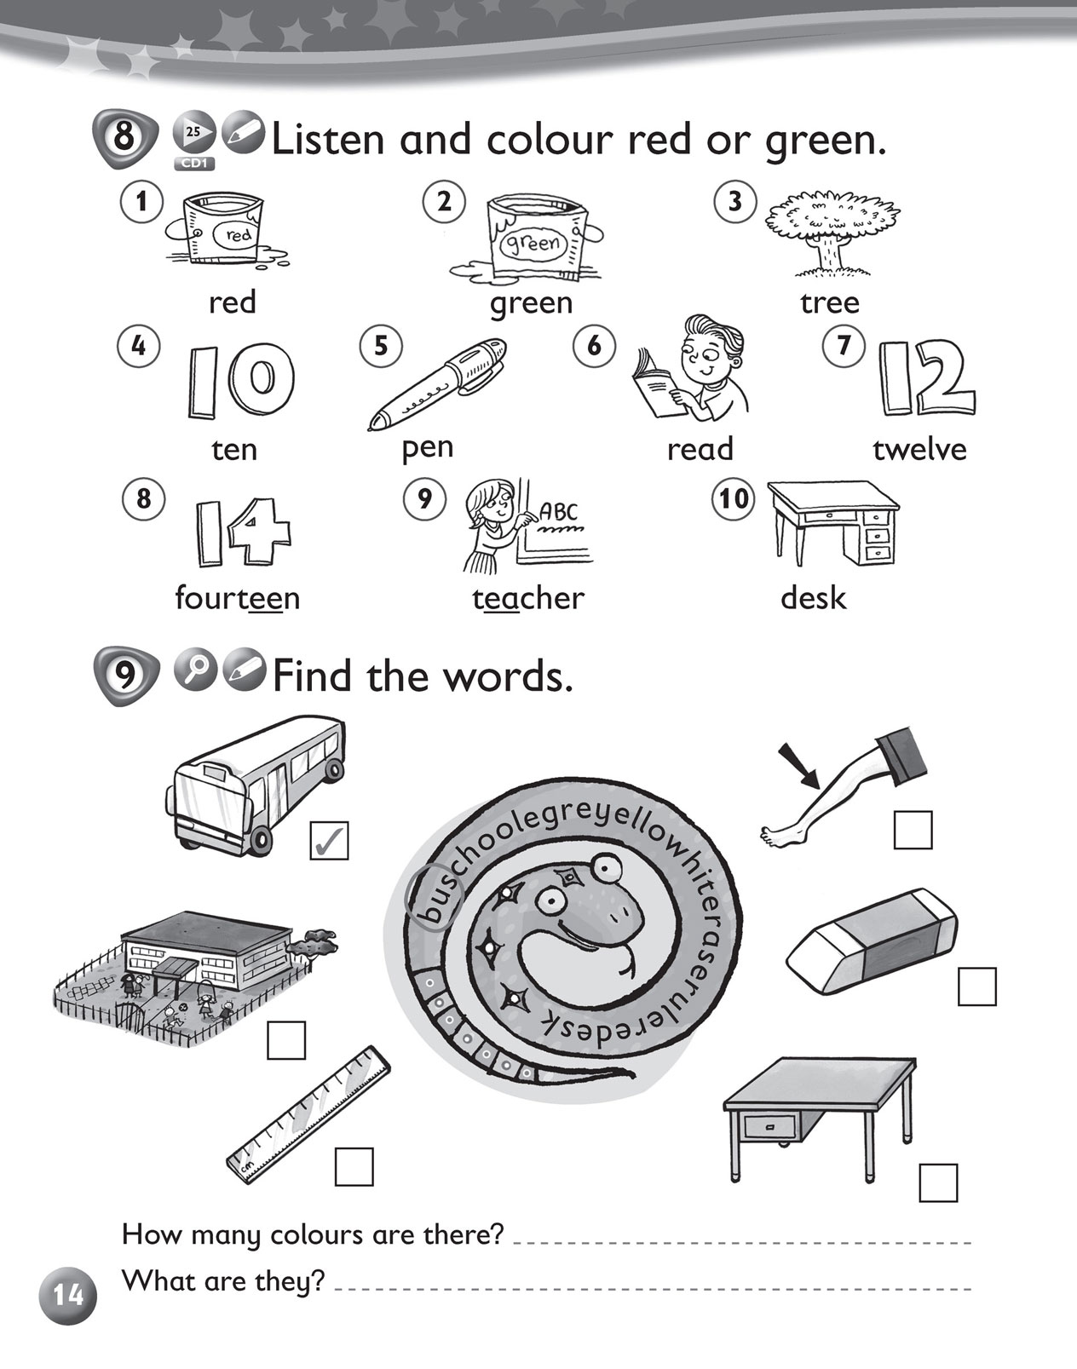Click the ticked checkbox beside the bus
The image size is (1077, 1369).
pos(329,840)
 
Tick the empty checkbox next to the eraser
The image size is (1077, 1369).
pos(977,986)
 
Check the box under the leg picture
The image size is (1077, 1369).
pos(913,830)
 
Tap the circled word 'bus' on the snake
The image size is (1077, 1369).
pos(434,898)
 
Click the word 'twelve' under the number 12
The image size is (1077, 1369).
pos(919,450)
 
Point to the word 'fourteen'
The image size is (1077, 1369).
pos(238,598)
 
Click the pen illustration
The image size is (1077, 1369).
pos(438,383)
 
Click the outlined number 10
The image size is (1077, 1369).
pos(240,380)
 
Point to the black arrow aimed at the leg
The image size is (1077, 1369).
pos(798,767)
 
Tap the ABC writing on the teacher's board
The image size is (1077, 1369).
pos(558,511)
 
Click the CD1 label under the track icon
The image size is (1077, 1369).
pos(194,164)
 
